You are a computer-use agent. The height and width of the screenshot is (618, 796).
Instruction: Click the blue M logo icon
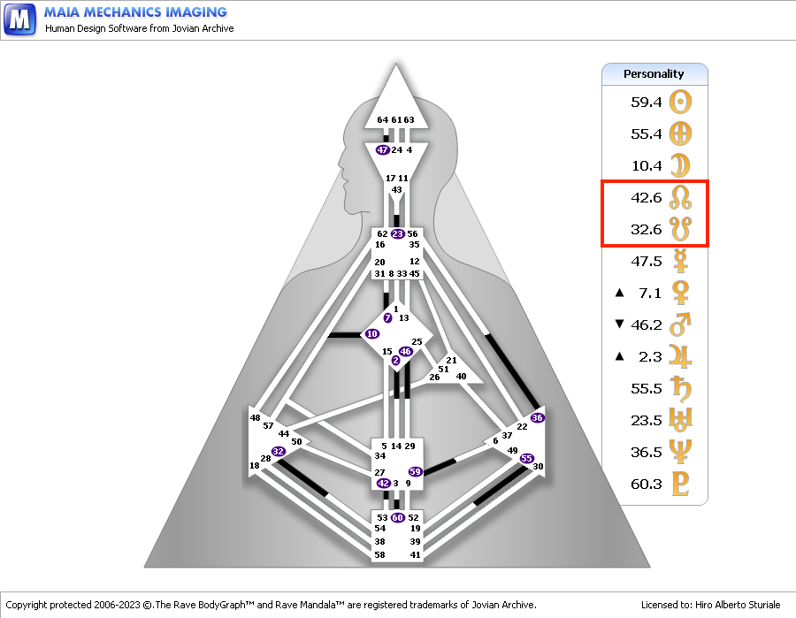click(19, 19)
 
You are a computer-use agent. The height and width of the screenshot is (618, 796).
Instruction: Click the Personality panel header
click(654, 74)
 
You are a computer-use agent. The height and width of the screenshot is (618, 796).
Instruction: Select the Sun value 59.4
click(647, 102)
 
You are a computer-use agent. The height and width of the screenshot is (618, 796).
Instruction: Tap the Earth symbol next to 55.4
click(680, 134)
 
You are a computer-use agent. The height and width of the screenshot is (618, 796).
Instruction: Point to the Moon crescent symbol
click(681, 165)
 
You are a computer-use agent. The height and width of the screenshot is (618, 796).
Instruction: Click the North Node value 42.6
click(647, 197)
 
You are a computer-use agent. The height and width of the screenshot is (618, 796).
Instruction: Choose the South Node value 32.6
click(647, 229)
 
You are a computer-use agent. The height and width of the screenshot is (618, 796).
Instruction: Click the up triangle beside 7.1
click(619, 293)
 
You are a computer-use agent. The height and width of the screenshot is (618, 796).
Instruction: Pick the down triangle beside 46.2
click(619, 324)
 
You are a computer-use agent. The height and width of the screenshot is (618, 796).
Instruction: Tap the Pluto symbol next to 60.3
click(680, 484)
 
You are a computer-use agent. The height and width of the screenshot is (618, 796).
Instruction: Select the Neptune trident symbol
click(680, 452)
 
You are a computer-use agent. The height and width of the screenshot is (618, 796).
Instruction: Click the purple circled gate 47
click(382, 149)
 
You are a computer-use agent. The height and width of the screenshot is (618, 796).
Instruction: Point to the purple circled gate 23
click(397, 234)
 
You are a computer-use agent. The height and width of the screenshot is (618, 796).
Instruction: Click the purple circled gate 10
click(372, 334)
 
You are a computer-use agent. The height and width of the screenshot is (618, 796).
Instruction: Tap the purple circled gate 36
click(537, 417)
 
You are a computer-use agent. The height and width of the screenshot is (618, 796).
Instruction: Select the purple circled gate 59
click(416, 471)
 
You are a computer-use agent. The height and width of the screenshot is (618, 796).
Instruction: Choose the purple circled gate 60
click(397, 517)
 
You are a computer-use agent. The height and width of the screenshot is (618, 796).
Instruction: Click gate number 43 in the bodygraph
click(396, 190)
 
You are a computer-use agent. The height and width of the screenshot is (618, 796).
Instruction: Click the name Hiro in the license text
click(704, 605)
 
